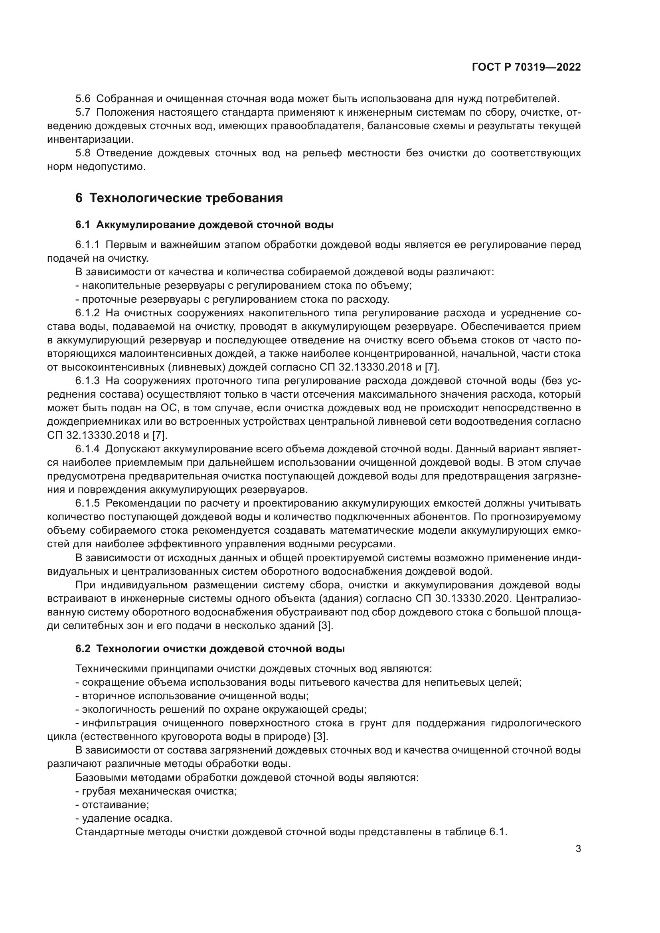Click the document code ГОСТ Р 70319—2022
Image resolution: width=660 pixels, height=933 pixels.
(526, 67)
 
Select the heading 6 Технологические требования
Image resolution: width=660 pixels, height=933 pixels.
(179, 198)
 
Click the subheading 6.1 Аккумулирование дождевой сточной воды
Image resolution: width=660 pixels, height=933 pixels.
(204, 225)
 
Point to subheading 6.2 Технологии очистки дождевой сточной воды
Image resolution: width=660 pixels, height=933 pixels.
(210, 649)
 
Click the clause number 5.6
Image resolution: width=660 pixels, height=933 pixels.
(83, 99)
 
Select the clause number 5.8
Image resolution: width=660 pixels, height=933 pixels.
(83, 153)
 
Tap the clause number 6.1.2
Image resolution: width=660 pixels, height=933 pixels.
(87, 313)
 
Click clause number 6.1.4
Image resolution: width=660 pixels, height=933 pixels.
(87, 449)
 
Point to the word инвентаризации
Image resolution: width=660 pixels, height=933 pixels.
(90, 140)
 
